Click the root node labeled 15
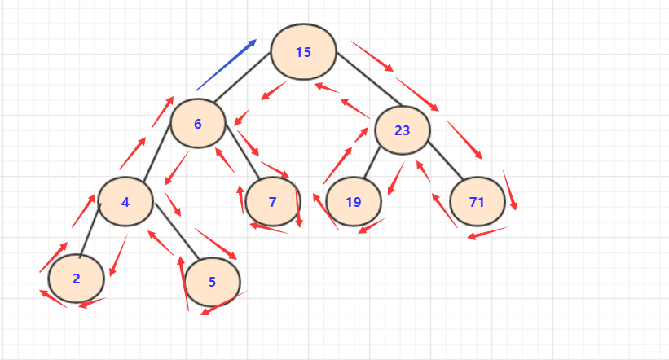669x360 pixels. tap(303, 52)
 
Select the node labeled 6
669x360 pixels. tap(197, 124)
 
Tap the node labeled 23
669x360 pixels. tap(403, 130)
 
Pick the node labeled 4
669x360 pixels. tap(125, 200)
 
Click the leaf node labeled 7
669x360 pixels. tap(273, 200)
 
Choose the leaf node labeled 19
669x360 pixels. tap(353, 201)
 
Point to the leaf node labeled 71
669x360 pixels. tap(478, 201)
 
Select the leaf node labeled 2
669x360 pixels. tap(77, 279)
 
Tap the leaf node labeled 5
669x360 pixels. tap(212, 282)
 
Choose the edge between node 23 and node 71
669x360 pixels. tap(444, 160)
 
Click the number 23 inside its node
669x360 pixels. tap(403, 130)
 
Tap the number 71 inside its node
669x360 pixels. tap(478, 201)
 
